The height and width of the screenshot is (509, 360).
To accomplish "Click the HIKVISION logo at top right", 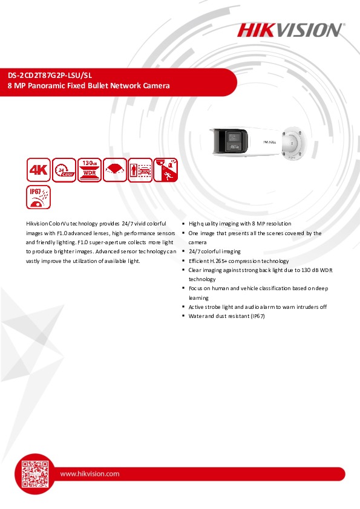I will [290, 30].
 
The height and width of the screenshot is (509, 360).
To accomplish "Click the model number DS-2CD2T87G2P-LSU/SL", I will [50, 76].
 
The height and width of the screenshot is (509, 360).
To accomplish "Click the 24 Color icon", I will [64, 170].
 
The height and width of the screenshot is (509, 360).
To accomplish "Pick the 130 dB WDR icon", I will [90, 170].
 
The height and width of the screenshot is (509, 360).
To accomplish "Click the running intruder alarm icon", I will [166, 170].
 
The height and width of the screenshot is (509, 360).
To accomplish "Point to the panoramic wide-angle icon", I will [115, 170].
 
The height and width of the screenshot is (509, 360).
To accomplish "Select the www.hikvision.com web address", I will [90, 474].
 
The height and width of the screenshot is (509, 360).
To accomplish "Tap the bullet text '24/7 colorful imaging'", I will [214, 251].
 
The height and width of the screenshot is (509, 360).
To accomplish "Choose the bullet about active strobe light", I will [257, 307].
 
